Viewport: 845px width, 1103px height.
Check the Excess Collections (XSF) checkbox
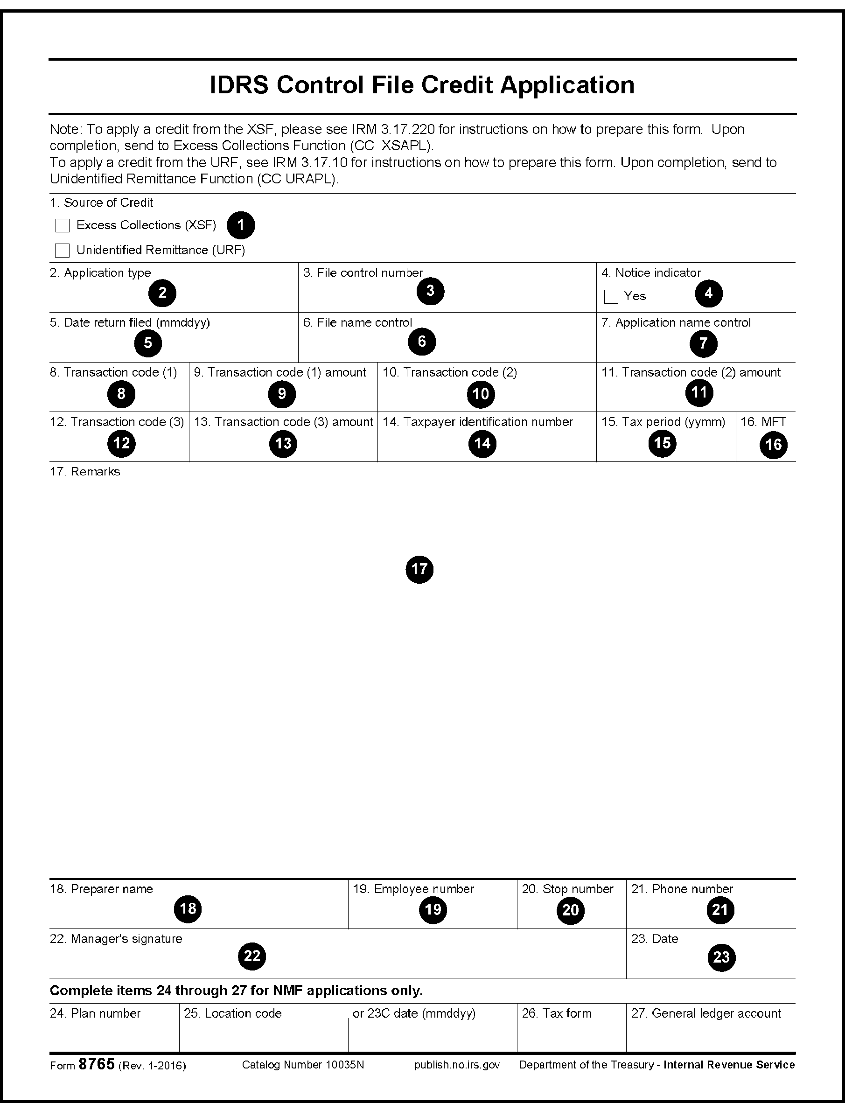(63, 225)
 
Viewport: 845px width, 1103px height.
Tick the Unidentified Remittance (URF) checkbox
(63, 250)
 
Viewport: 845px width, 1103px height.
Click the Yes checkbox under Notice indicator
(611, 297)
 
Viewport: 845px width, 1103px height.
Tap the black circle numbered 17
(419, 569)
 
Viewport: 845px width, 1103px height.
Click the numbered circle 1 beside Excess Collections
(240, 225)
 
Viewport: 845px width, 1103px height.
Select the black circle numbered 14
(482, 443)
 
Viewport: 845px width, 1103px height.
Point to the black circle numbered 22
(251, 956)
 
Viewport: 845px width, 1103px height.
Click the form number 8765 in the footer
(97, 1064)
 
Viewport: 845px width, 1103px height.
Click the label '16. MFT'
(763, 421)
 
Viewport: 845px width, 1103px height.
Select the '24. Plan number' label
(95, 1013)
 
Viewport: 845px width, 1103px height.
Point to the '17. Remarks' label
(85, 471)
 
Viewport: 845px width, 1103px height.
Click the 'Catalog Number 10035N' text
(303, 1065)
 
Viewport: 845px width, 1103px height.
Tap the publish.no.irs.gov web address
(457, 1065)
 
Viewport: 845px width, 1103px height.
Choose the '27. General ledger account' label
(705, 1013)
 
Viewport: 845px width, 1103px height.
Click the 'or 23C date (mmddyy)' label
(413, 1013)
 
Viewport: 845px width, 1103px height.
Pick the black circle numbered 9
(282, 393)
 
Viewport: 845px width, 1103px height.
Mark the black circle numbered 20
(570, 910)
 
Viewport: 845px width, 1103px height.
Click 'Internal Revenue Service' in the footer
(729, 1065)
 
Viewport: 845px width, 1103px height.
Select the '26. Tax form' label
(556, 1013)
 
